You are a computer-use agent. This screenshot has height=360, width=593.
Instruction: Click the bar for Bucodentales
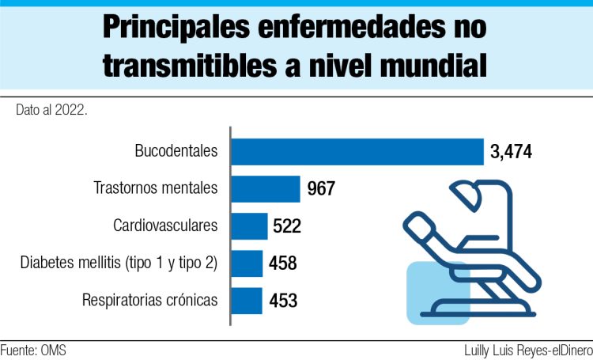tap(357, 151)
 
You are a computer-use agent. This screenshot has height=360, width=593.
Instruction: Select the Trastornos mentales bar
tap(266, 189)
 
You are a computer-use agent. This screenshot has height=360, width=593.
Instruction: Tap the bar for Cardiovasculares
tap(249, 226)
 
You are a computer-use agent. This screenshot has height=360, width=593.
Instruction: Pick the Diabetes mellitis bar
tap(247, 263)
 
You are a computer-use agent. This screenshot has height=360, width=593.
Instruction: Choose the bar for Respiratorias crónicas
tap(247, 301)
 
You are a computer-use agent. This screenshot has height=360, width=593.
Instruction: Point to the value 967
tap(321, 189)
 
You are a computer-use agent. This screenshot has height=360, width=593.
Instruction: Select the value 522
tap(288, 226)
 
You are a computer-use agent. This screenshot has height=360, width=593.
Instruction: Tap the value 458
tap(282, 263)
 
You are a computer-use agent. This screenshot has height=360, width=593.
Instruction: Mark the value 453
tap(282, 301)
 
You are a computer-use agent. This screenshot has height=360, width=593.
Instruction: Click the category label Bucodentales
tap(176, 151)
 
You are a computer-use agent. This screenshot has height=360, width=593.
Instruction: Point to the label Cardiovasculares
tap(165, 226)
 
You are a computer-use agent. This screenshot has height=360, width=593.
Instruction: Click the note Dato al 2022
tap(51, 110)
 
